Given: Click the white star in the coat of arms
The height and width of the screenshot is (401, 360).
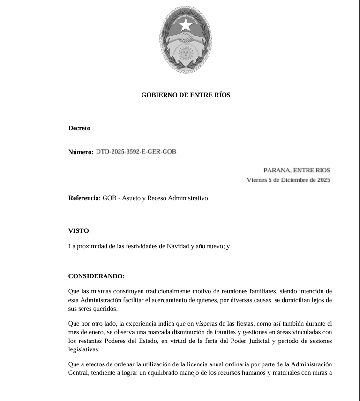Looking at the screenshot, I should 186,24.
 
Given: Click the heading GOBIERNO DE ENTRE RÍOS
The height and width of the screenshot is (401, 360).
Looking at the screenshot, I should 186,95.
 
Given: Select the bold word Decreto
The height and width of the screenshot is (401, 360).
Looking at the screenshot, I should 79,128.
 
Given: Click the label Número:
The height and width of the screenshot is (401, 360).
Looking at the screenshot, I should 81,152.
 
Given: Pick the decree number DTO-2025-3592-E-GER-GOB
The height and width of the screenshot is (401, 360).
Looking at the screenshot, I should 136,151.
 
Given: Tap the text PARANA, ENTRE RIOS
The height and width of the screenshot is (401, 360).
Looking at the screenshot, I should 297,170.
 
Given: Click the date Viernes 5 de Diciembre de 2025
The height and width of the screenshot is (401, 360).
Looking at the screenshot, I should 288,180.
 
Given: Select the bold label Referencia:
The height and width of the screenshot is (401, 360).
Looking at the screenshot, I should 84,198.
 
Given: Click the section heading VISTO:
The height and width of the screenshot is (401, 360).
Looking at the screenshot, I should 80,230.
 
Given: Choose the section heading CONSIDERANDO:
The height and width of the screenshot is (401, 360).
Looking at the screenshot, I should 96,276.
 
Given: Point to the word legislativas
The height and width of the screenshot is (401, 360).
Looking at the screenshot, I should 83,349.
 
